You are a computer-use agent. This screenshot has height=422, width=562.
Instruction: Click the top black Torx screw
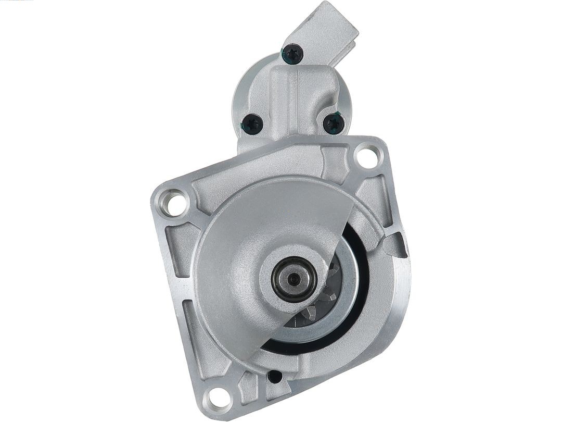[x=293, y=53]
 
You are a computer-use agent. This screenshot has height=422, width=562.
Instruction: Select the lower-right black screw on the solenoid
[x=333, y=124]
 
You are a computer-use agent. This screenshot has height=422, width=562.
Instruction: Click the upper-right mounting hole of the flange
[x=367, y=157]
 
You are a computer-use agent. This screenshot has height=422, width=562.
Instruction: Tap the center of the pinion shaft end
[x=295, y=279]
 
